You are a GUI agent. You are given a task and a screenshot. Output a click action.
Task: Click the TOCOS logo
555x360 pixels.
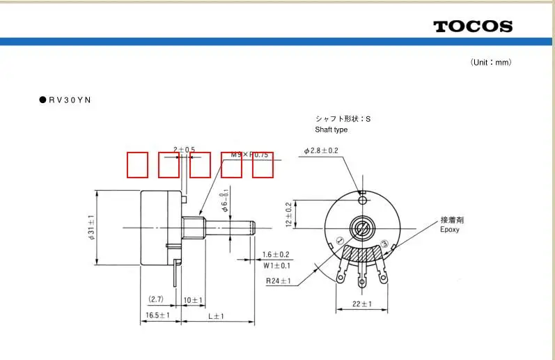pos(473,26)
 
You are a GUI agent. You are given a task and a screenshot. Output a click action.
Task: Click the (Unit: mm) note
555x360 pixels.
pos(491,63)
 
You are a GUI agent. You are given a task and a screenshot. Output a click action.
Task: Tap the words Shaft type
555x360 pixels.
pos(331,130)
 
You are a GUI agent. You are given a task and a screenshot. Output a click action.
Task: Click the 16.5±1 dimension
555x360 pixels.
pos(158,315)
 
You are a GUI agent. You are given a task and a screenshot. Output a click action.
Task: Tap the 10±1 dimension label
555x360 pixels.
pos(192,300)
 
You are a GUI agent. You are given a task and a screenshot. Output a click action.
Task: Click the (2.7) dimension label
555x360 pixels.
pos(155,299)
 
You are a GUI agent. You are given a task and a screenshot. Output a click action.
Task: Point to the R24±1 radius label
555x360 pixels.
pos(279,281)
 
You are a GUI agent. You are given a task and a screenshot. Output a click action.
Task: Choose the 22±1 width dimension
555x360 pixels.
pos(361,304)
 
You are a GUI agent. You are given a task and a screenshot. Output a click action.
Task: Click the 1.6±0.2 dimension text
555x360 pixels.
pos(276,254)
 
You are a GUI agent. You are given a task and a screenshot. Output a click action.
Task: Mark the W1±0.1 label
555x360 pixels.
pos(276,265)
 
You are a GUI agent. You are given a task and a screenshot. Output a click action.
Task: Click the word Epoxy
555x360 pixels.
pos(450,230)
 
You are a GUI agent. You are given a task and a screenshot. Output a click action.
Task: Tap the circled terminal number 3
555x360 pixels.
pos(384,243)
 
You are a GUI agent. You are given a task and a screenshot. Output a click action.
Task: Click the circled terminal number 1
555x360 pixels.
pos(340,241)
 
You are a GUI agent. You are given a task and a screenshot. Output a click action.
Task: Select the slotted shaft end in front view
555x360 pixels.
pos(361,227)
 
